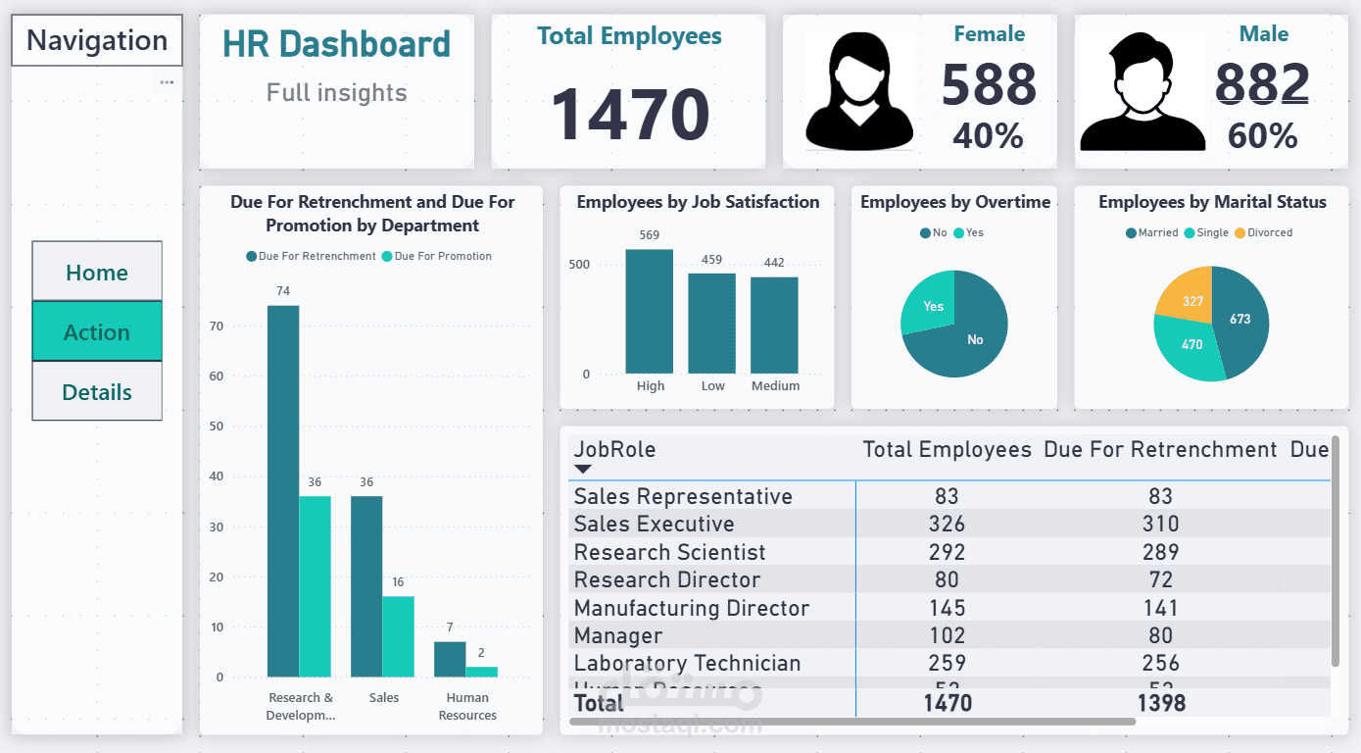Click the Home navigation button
(97, 272)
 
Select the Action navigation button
(97, 331)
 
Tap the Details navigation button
(97, 391)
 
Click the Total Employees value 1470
(630, 115)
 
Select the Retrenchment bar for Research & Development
(283, 490)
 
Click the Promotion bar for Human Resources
(481, 672)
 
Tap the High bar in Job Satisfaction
(650, 312)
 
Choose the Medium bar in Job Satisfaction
(774, 325)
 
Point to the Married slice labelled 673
(1240, 321)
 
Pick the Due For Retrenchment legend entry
(311, 256)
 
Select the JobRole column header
(615, 450)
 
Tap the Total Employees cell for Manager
(947, 635)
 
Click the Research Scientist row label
(670, 552)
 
